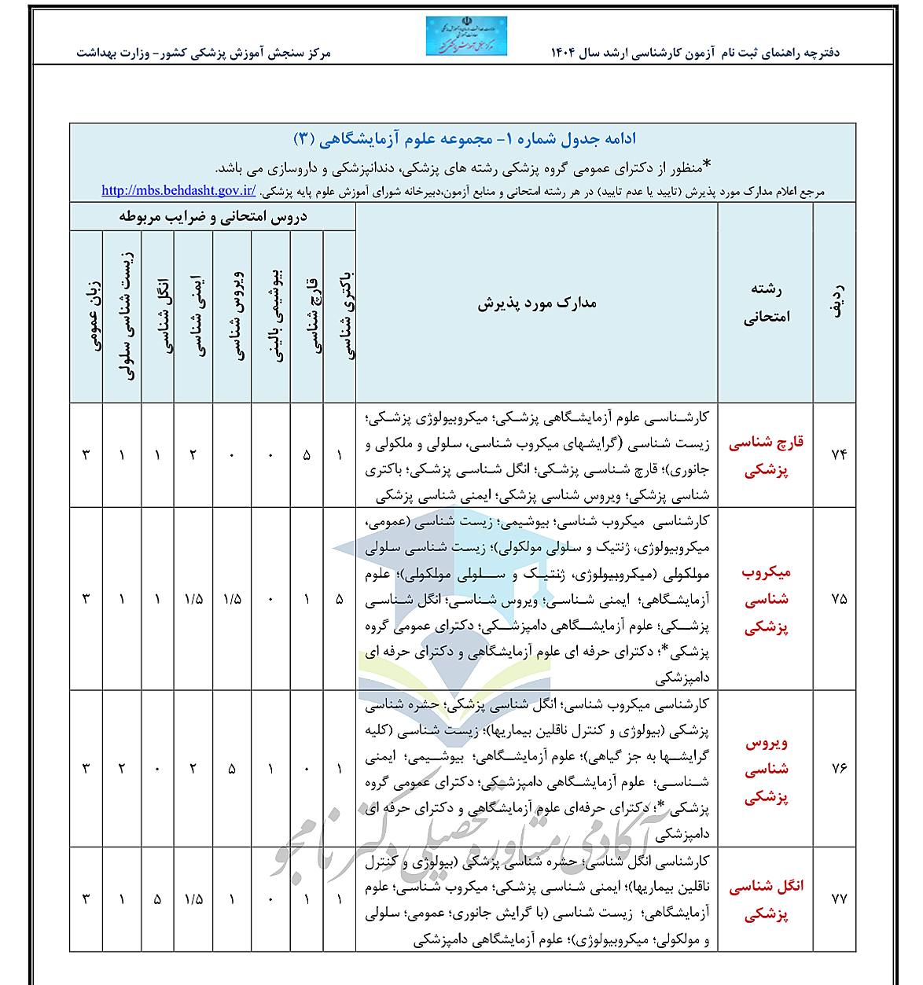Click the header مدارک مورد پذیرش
coord(537,303)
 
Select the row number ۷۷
coord(838,900)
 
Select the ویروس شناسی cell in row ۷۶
coord(232,769)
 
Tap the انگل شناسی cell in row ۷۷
coord(157,900)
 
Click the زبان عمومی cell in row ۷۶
coord(86,769)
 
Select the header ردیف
coord(838,303)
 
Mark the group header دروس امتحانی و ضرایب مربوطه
coord(213,218)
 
